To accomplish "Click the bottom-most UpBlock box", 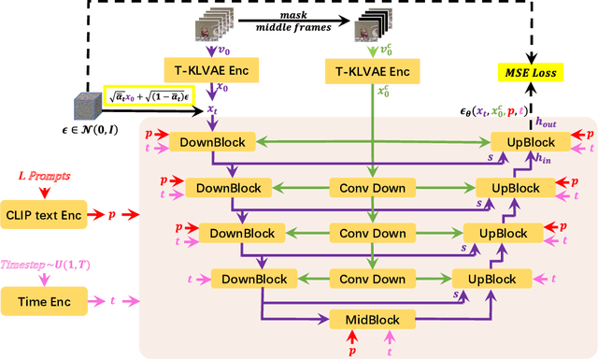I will point(484,279).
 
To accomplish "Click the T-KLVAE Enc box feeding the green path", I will point(372,70).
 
